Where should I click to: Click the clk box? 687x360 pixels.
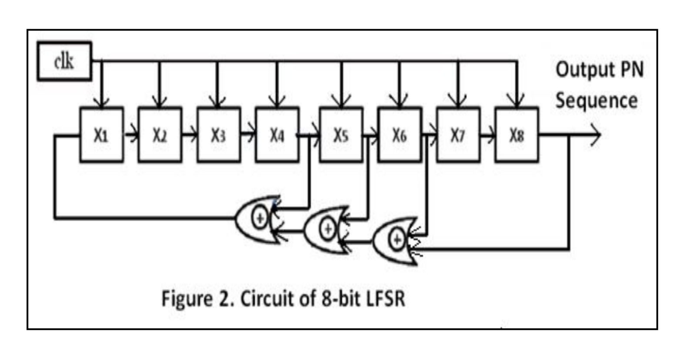click(64, 61)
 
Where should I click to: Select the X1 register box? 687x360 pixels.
click(101, 135)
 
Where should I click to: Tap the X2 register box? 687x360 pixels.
click(160, 135)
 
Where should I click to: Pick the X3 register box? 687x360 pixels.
click(218, 135)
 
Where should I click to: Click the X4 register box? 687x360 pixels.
click(277, 135)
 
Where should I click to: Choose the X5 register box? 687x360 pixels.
click(341, 135)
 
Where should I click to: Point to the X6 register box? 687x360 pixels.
click(399, 135)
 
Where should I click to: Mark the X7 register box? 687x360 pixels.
click(458, 135)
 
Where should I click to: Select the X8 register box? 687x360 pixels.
click(517, 135)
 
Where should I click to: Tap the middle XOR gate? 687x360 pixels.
click(326, 229)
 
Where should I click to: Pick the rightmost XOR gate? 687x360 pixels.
click(395, 240)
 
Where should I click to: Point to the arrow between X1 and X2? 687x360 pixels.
click(131, 135)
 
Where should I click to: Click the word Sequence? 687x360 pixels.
click(596, 100)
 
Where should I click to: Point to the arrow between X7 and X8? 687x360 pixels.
click(488, 135)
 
